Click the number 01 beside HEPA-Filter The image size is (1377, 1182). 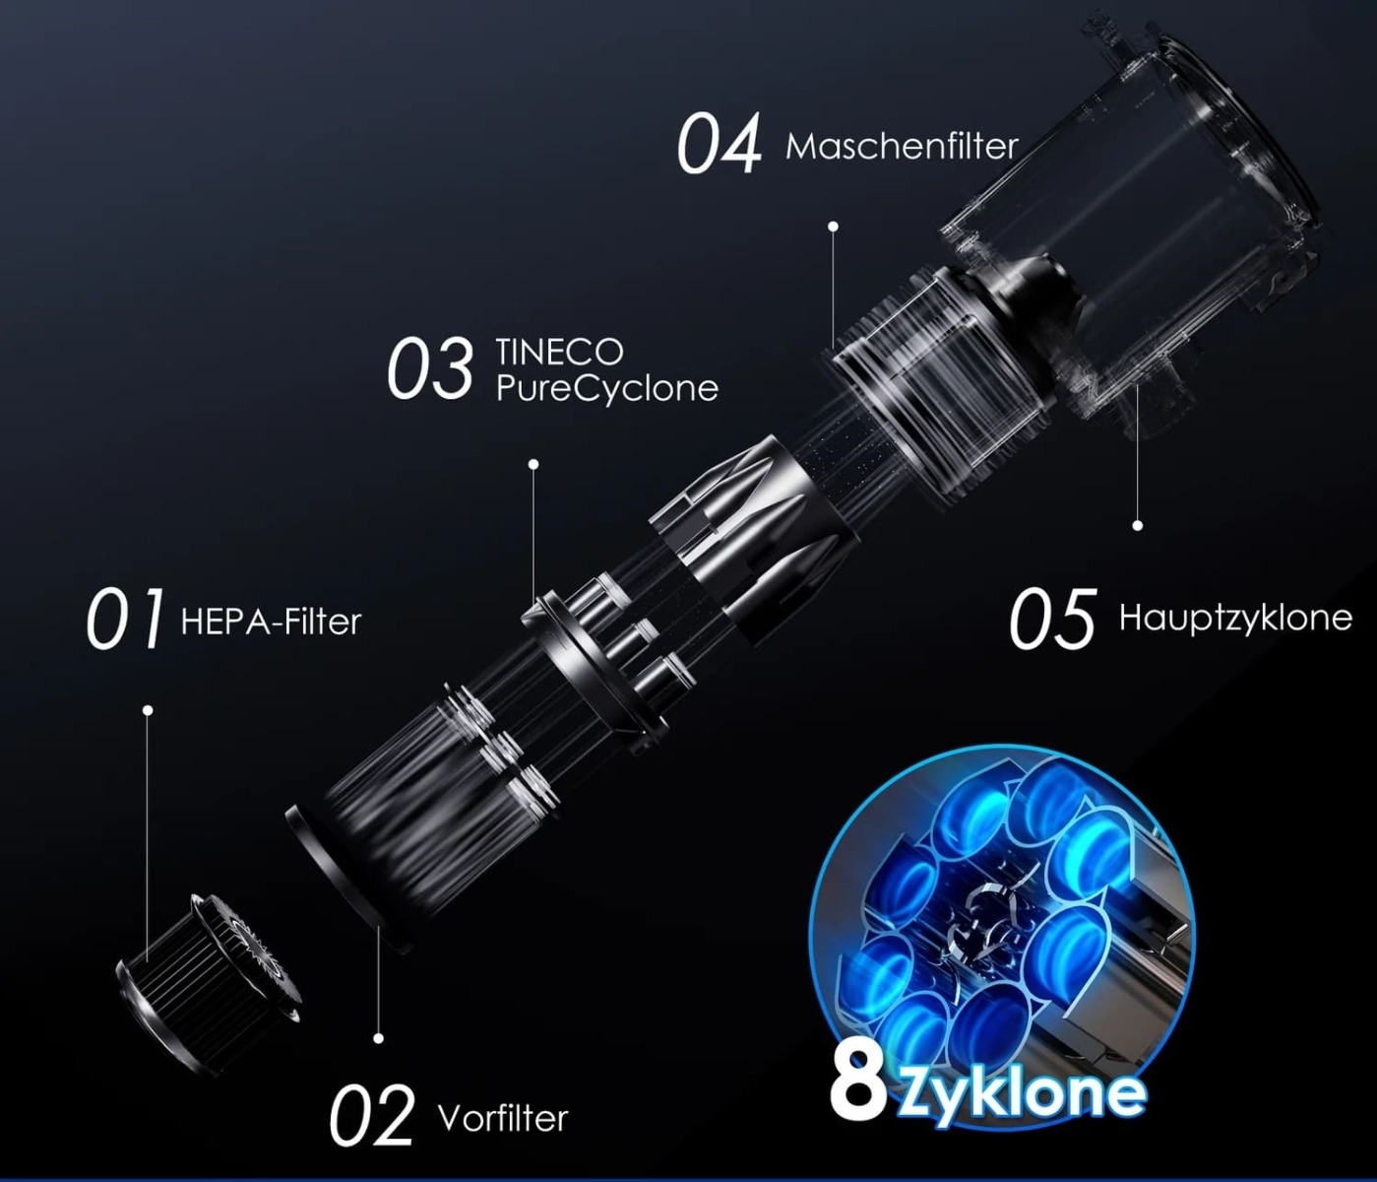pos(125,618)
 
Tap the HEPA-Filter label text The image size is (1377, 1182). pos(271,622)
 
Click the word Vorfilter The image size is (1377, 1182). pos(503,1118)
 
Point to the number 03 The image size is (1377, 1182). pos(430,368)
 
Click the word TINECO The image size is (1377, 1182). pos(560,352)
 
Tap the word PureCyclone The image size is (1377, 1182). pos(607,389)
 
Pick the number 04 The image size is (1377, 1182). pos(719,143)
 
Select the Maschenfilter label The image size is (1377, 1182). pos(902,147)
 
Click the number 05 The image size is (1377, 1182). pos(1052,618)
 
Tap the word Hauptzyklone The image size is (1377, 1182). pos(1236,618)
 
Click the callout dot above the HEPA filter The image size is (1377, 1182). pos(148,710)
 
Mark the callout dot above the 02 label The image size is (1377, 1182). pos(378,1038)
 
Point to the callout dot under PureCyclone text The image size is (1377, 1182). pos(532,464)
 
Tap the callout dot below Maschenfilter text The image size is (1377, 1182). pos(833,227)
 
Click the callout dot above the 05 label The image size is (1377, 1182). pos(1137,525)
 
